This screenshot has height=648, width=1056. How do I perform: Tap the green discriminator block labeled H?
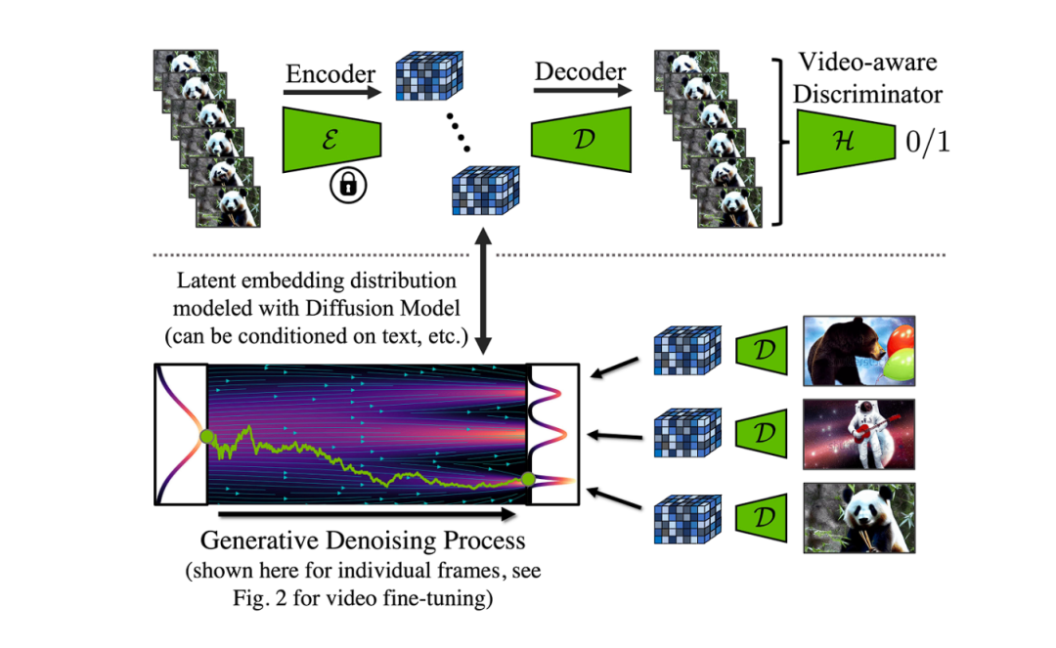click(x=844, y=142)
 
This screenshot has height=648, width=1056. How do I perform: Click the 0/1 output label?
click(x=925, y=143)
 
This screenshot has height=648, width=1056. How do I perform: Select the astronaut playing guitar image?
click(x=858, y=433)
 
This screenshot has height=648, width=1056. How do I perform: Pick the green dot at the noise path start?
click(x=206, y=436)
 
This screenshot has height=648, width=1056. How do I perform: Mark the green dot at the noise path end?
click(x=529, y=479)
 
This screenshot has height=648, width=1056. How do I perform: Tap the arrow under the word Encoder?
click(x=331, y=93)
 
